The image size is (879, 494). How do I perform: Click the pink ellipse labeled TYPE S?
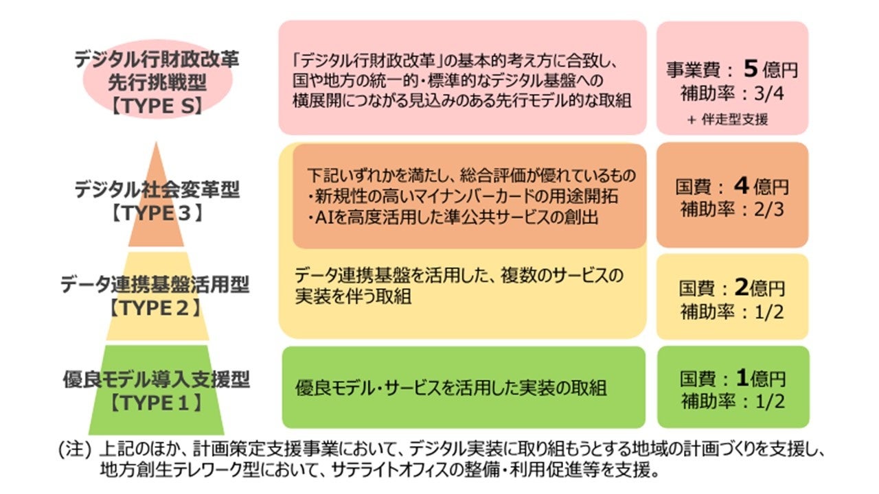(x=157, y=81)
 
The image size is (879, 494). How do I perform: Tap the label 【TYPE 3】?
(x=157, y=213)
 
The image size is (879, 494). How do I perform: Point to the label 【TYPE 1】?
(x=157, y=403)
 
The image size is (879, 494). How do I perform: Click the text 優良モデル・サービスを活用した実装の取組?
(x=451, y=388)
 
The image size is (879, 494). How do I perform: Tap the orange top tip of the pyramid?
(x=157, y=158)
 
